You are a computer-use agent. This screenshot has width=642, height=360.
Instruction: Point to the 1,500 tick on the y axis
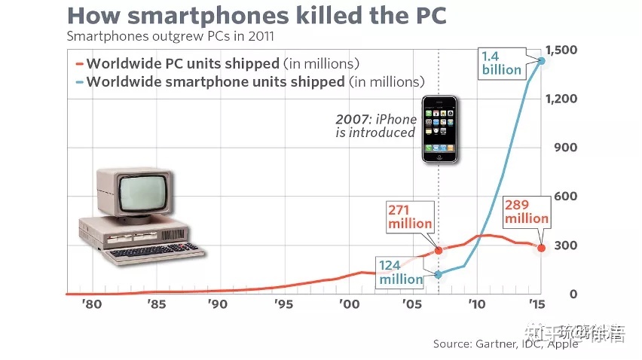[562, 50]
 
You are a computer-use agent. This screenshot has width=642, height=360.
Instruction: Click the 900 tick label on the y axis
[564, 148]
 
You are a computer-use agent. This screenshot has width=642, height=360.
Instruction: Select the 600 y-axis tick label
[564, 197]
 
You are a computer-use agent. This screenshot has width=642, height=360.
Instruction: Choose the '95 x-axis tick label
[284, 305]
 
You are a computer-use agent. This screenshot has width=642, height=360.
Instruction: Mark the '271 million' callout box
[411, 216]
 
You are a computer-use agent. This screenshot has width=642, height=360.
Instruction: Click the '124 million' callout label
[401, 272]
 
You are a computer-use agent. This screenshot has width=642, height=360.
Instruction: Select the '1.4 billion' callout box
[501, 63]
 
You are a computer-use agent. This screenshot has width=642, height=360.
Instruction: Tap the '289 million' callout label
[527, 212]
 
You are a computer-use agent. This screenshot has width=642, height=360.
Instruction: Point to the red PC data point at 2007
[439, 250]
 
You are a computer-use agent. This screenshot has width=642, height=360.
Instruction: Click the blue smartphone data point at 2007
[439, 274]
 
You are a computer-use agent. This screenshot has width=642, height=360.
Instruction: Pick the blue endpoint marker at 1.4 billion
[541, 60]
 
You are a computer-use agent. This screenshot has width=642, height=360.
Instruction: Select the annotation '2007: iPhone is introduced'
[376, 126]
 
